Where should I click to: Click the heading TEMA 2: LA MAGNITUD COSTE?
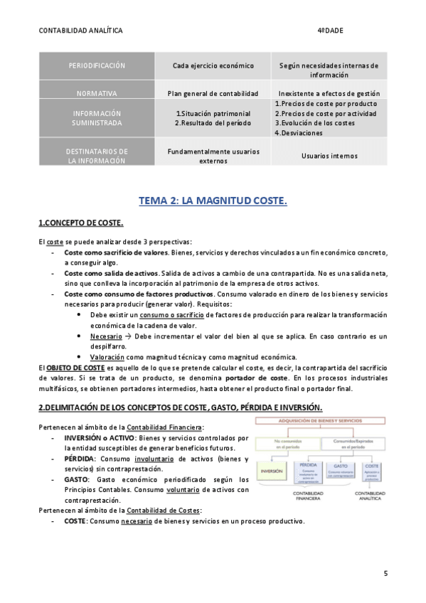(213, 201)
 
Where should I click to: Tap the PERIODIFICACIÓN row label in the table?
(97, 65)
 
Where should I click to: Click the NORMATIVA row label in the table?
(97, 93)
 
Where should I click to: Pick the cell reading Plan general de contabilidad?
(213, 93)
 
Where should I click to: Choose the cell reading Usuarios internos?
(329, 156)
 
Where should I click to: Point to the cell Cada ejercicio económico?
(213, 65)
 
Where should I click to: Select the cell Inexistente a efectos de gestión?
(329, 93)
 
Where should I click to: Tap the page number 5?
(385, 573)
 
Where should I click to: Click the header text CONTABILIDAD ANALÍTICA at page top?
(80, 31)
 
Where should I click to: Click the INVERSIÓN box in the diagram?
(272, 471)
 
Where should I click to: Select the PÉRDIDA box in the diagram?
(307, 469)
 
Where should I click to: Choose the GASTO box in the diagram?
(342, 469)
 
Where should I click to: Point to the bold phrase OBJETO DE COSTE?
(75, 368)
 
